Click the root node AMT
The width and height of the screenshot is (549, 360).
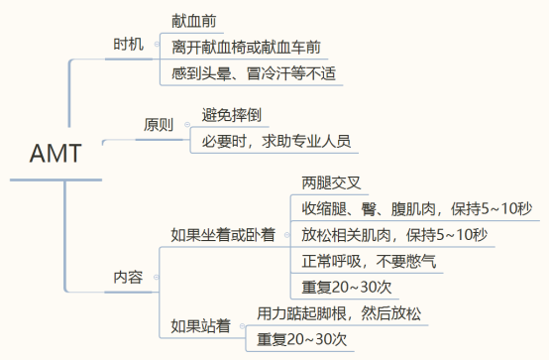coord(55,155)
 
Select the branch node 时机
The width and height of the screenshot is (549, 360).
coord(130,45)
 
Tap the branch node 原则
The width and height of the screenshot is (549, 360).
coord(159,127)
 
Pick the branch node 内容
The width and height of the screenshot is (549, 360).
coord(129,279)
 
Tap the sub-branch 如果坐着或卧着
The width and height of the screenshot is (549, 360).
coord(224,235)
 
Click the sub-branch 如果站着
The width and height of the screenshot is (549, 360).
coord(201,325)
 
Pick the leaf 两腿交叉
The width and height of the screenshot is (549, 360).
coord(335,182)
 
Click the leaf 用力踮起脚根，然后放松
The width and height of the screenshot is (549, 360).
coord(338,313)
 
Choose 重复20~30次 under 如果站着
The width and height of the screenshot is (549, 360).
coord(302,340)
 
